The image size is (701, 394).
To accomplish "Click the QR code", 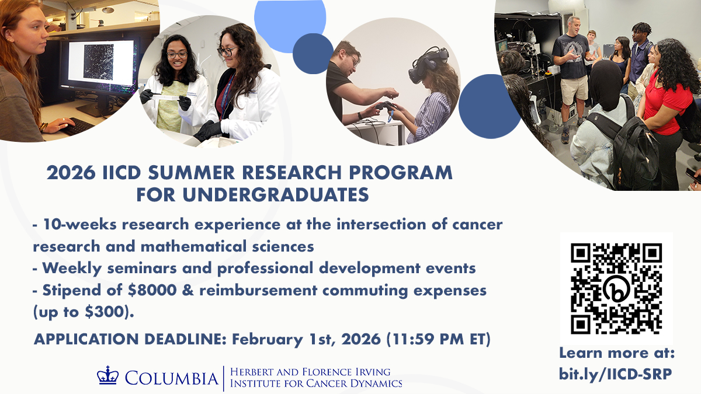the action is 616,288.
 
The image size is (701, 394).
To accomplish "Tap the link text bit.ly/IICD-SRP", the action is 615,374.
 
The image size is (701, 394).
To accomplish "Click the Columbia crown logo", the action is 108,375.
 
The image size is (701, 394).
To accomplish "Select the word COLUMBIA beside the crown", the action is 172,378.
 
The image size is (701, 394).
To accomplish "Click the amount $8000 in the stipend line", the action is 152,290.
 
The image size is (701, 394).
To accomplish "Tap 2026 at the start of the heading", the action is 71,172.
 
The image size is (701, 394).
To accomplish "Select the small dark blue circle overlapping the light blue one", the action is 313,54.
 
